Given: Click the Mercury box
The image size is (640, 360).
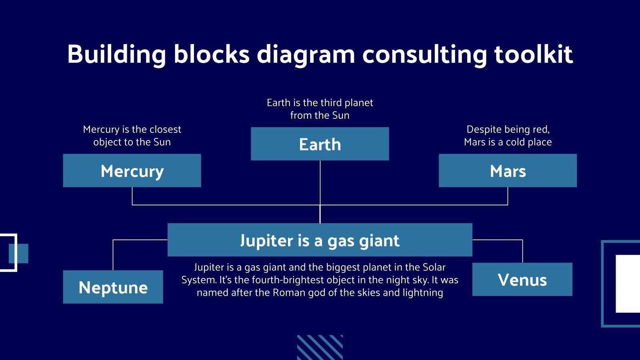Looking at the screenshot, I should pos(132,171).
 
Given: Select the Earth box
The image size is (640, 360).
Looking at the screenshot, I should pos(320,144).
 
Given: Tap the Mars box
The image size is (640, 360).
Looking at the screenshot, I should pos(508,171).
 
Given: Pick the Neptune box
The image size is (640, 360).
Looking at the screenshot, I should pos(113,287).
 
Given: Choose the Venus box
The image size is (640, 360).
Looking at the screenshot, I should pos(522,280).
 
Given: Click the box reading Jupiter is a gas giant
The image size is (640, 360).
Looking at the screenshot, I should pos(320,240).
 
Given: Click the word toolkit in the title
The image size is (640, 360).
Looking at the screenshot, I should pos(533,54).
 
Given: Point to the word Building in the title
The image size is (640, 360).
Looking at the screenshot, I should pos(116,54).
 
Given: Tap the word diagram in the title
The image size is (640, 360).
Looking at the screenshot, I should pos(306,54).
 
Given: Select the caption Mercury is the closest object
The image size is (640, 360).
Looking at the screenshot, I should pos(132,135).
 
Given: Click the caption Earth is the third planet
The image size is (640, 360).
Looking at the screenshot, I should pos(320,109).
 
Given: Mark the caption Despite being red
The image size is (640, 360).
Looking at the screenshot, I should pos(508,130).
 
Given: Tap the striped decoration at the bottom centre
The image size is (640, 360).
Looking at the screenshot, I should pos(320,347).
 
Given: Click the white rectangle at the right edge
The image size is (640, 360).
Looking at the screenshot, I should pos(628,284).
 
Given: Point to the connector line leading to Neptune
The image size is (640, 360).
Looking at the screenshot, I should pos(113,254).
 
